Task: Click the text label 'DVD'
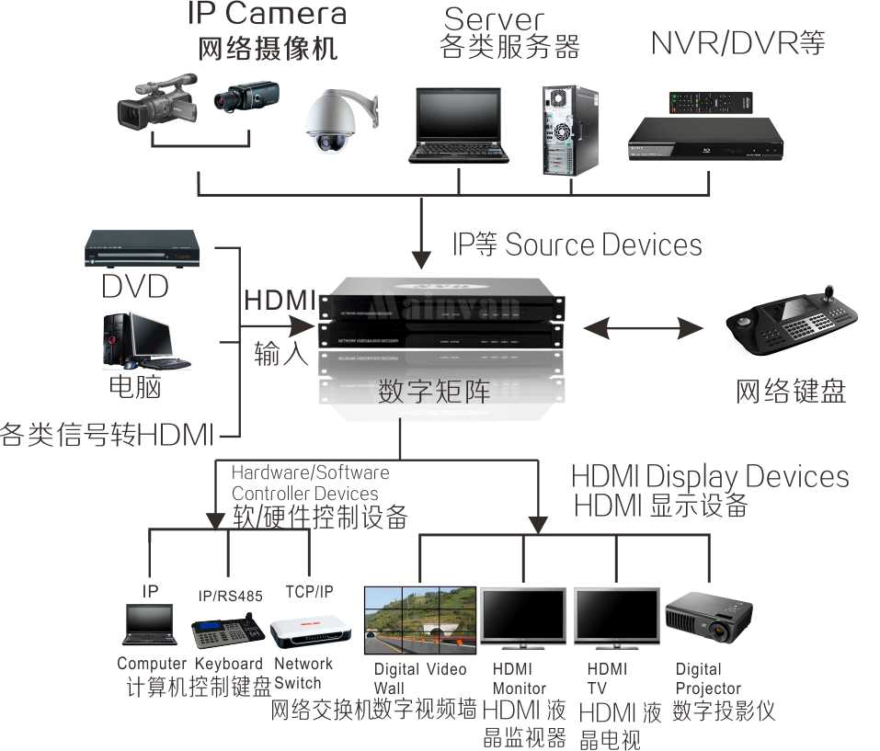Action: click(x=135, y=287)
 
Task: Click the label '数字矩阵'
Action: click(x=434, y=391)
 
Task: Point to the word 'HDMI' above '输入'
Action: click(x=280, y=301)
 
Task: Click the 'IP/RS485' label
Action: click(x=230, y=596)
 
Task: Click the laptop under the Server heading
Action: click(x=461, y=124)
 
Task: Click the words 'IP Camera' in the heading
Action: click(x=267, y=14)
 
